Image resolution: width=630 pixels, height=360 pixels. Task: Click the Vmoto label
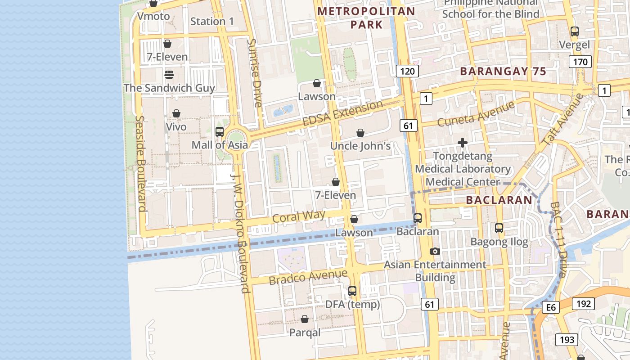coord(153,17)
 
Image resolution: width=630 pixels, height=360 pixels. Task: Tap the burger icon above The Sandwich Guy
coord(169,75)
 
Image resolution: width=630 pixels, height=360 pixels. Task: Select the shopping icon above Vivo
coord(176,113)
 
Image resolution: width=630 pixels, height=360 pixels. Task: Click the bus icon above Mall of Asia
coord(220,132)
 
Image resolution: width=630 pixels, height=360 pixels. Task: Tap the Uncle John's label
coord(360,146)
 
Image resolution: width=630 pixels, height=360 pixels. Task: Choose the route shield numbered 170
coord(580,62)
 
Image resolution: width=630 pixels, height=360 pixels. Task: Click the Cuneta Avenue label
coord(476,114)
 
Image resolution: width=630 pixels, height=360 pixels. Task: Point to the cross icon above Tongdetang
coord(463,143)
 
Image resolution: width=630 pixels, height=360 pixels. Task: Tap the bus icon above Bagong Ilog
coord(499,228)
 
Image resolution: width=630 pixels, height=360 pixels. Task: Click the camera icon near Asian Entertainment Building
coord(435,252)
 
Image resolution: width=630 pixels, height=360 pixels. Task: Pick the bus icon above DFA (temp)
coord(352,291)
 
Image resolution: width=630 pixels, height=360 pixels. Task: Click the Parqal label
coord(305,333)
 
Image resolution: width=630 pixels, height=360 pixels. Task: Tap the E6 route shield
coord(551,308)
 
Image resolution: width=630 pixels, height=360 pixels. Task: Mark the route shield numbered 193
coord(567,339)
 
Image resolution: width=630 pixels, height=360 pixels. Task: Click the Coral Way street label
coord(299,216)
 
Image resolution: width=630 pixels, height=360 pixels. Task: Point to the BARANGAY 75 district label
coord(503,72)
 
